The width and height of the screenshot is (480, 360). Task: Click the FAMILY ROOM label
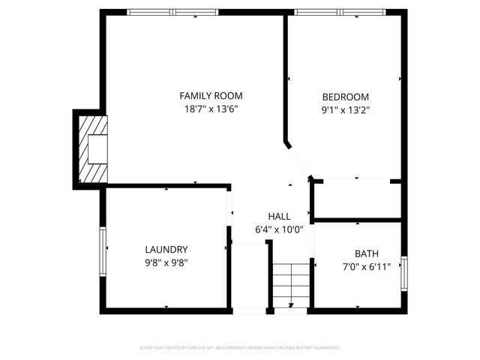click(211, 96)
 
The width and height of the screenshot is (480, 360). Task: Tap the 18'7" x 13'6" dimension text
click(211, 109)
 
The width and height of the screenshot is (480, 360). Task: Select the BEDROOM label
click(345, 97)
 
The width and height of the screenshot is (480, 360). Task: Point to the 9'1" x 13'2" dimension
click(345, 109)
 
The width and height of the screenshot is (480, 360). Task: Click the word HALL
click(279, 216)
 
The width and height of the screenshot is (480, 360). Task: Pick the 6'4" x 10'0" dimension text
click(279, 229)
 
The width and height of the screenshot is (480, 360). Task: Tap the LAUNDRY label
click(166, 250)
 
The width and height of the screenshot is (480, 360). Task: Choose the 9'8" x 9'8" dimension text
click(166, 262)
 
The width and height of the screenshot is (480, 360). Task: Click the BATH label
click(367, 253)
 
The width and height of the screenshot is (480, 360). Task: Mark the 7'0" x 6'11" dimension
click(367, 266)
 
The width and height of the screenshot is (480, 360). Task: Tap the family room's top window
click(172, 12)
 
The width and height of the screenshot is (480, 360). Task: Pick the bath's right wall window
click(404, 272)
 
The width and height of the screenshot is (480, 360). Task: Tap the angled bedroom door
click(298, 159)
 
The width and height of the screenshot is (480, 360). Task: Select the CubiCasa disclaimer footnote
click(240, 348)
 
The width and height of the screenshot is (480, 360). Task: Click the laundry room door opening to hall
click(230, 214)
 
